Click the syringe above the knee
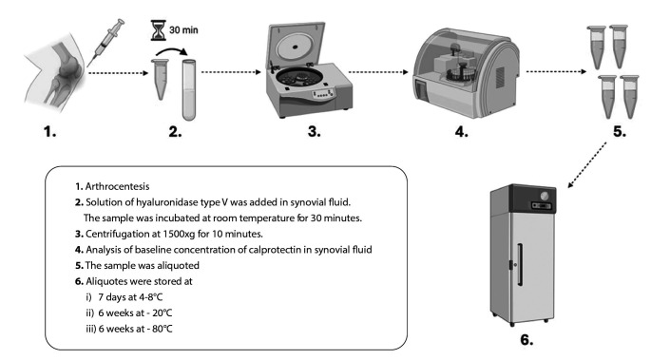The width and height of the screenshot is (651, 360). pos(105,43)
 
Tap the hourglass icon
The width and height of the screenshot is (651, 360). pos(158,30)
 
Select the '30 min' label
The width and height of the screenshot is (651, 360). pos(183,30)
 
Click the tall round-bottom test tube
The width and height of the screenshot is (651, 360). pos(189,90)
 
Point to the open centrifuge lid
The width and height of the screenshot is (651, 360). pos(296,45)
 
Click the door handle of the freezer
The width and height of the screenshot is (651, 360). pos(520,265)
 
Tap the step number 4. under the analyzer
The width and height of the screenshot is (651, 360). pos(461,132)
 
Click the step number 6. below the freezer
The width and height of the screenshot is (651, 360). pos(527,340)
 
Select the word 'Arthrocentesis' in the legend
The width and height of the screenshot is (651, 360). pos(117,186)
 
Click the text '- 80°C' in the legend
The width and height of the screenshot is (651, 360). pos(160,329)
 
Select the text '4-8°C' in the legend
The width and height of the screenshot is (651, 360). pos(151,297)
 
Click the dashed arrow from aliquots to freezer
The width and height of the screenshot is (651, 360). pos(587,165)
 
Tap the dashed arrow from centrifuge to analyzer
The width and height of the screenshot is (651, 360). pos(378,72)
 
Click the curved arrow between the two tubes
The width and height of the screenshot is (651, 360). pos(171,53)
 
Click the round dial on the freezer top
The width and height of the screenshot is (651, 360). pos(544,195)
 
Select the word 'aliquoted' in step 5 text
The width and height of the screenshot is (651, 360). pos(178,266)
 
